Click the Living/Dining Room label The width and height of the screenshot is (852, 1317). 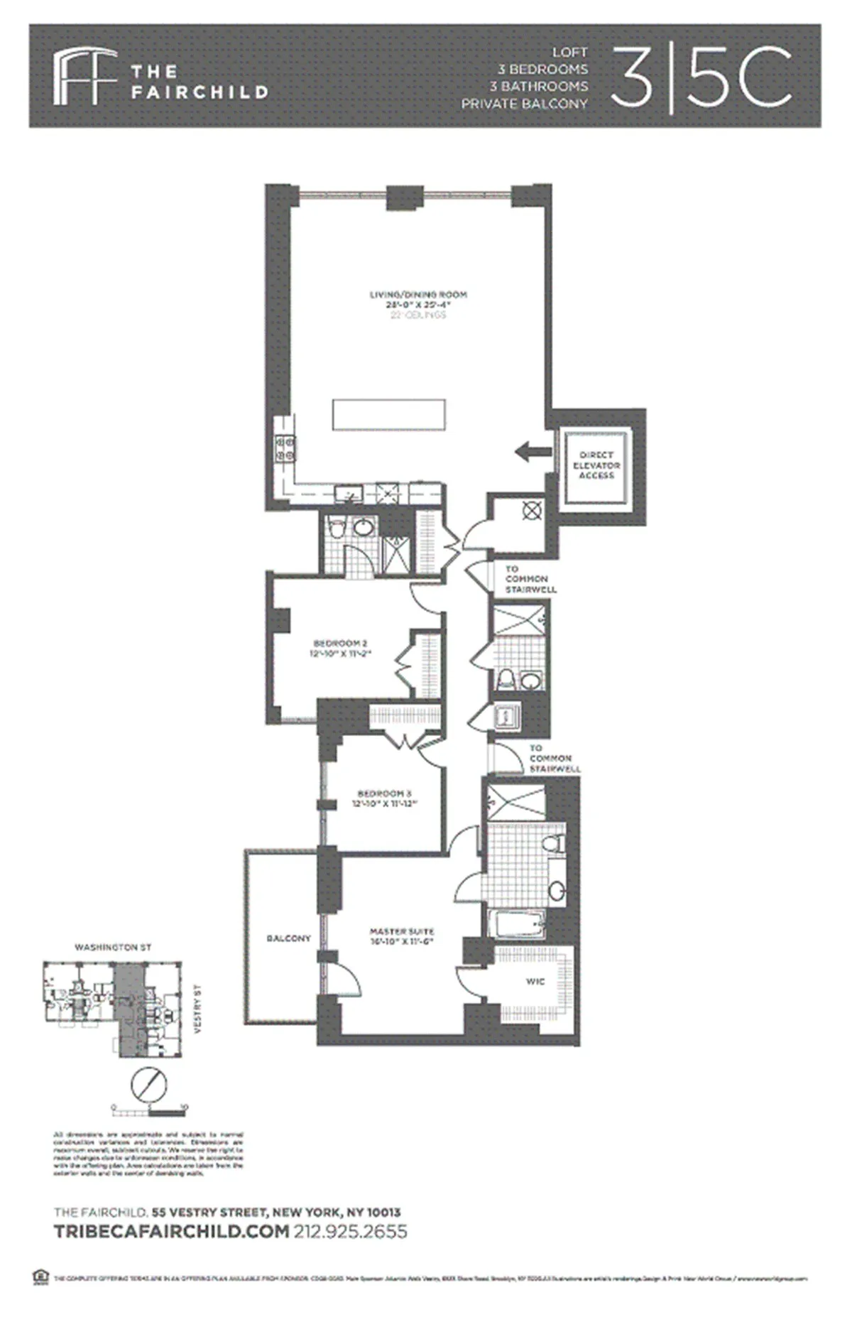(x=417, y=294)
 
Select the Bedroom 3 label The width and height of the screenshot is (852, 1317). (x=384, y=793)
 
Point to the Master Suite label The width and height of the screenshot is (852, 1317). (x=402, y=931)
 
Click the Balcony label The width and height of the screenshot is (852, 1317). (x=288, y=938)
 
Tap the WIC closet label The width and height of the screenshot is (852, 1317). (x=535, y=982)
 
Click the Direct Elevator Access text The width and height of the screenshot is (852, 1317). (x=596, y=465)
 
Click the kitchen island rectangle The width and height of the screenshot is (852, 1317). (x=389, y=415)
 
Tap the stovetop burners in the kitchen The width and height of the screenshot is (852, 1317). (x=285, y=450)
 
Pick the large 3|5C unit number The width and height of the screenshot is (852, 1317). (x=701, y=77)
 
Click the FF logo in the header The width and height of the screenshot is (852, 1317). (x=84, y=76)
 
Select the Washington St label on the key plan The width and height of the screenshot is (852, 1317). (x=113, y=948)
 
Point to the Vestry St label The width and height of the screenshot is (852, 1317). (x=199, y=1009)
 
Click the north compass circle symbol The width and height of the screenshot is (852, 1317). (x=149, y=1085)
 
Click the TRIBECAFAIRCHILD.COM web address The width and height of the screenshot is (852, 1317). (x=172, y=1232)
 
